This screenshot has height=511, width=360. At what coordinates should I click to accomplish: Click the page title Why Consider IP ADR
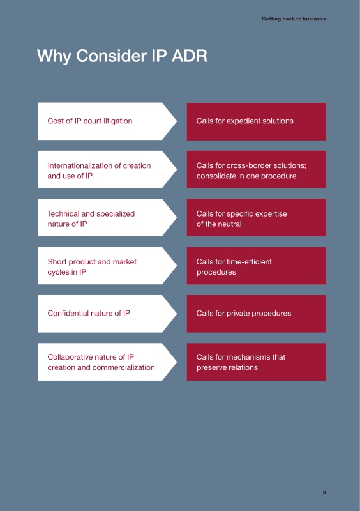[122, 56]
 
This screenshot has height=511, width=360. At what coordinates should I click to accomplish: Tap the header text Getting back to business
[294, 19]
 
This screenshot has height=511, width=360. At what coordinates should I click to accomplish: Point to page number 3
[324, 492]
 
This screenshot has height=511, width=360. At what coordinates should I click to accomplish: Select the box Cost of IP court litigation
[107, 121]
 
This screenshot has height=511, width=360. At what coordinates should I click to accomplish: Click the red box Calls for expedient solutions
[257, 121]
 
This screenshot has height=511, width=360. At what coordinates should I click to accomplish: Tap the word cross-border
[250, 165]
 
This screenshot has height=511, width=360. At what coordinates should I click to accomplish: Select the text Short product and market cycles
[92, 267]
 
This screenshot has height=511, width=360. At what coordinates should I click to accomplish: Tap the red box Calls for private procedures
[257, 314]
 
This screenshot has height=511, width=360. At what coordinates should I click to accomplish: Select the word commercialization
[123, 368]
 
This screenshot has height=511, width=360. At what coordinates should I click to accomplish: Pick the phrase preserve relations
[227, 368]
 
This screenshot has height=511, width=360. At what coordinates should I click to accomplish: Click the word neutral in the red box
[230, 224]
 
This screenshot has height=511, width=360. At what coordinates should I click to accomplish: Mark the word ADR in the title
[190, 56]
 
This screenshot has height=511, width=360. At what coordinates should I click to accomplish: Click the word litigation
[118, 121]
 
